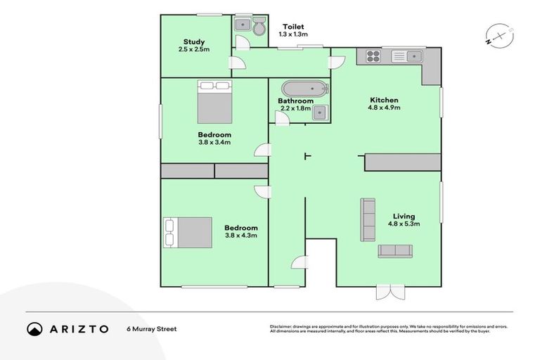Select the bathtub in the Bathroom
coord(304,89)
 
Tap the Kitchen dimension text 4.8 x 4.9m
coord(384,108)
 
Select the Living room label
coord(404,216)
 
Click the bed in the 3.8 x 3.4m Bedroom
coord(214,103)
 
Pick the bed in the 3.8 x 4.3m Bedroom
coord(188,233)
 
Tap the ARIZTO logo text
coord(78,328)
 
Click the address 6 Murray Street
coord(151,328)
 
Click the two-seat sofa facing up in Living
coord(396,251)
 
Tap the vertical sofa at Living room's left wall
coord(368,220)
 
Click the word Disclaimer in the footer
coord(281,326)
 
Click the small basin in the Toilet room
coord(243,25)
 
